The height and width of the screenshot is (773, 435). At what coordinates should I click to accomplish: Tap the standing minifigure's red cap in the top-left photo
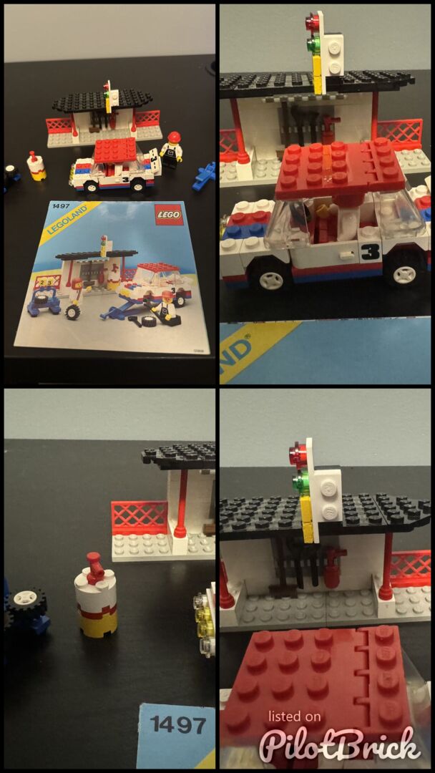pos(174,137)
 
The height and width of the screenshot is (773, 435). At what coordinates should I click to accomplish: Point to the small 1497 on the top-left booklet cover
pos(57,205)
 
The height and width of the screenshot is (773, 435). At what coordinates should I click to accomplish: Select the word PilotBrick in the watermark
pos(340,742)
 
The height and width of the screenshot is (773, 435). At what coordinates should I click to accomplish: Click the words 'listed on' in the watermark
pos(294,716)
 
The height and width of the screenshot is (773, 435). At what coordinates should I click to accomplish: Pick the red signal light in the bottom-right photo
pos(298,452)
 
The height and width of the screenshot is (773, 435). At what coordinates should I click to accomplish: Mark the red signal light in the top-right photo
pos(312,21)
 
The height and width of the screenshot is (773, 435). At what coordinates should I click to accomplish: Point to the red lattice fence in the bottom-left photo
pos(140,517)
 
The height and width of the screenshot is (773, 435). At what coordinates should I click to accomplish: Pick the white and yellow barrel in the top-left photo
pos(37,166)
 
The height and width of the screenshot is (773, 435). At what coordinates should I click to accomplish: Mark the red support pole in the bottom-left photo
pos(181,504)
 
